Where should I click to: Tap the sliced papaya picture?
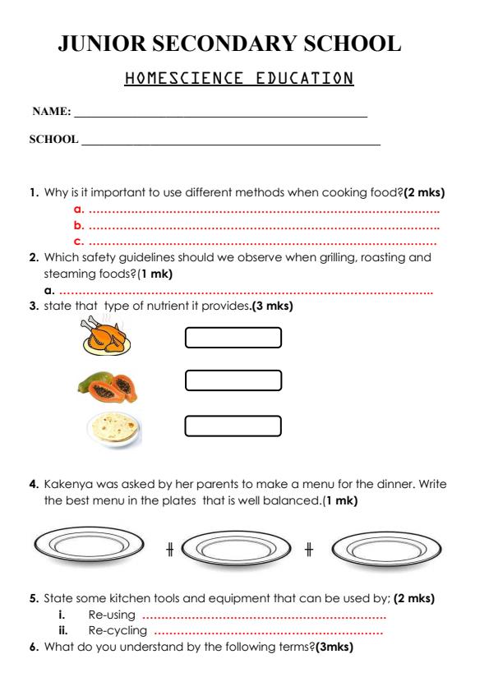[107, 384]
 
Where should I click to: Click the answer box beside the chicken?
[233, 338]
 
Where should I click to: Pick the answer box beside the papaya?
[233, 380]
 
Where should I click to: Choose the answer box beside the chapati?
[233, 425]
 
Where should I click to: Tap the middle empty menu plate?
[236, 546]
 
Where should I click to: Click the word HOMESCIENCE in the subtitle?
[175, 78]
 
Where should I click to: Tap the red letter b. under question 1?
[79, 224]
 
